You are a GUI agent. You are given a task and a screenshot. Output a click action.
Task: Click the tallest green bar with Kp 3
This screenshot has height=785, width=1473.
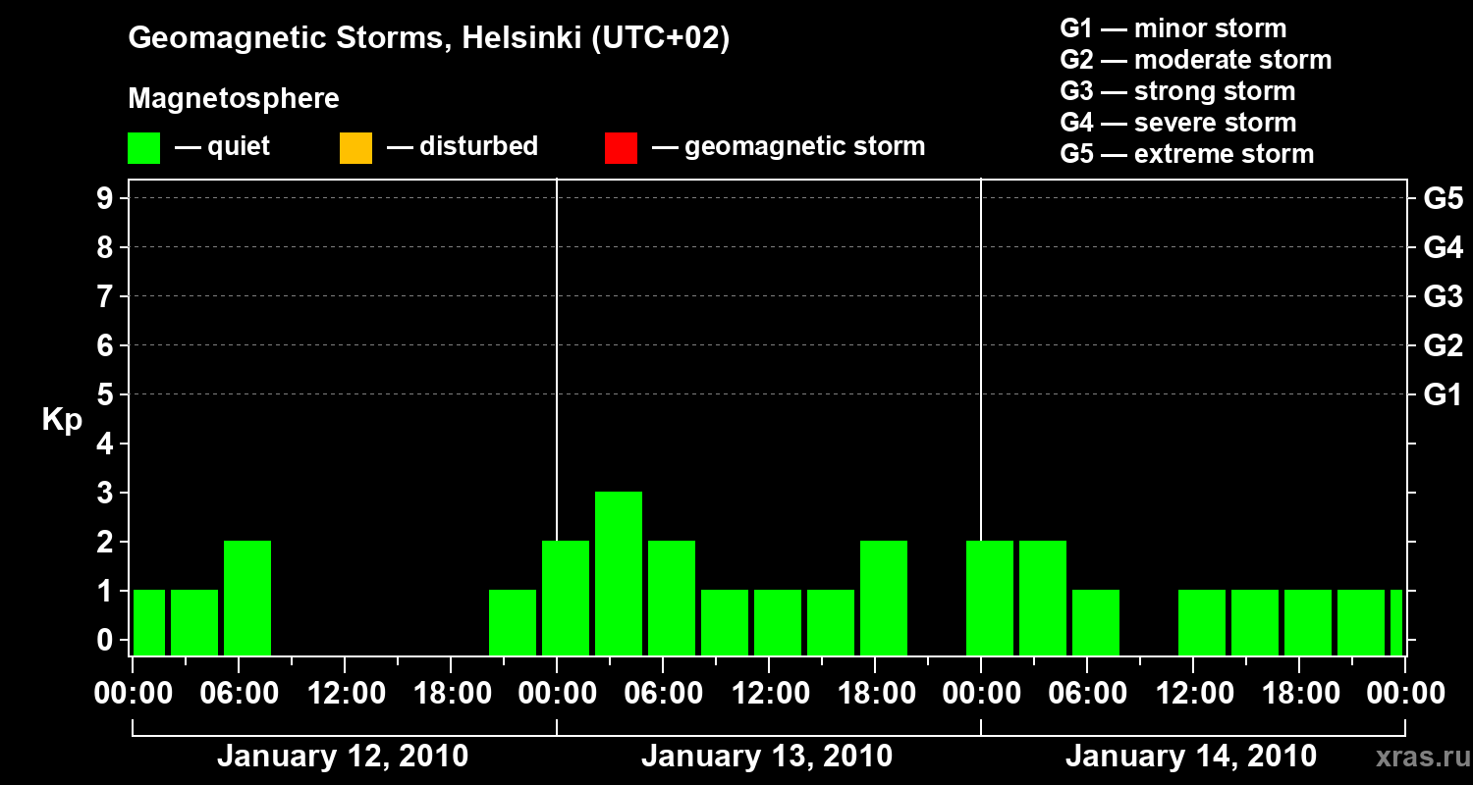(619, 573)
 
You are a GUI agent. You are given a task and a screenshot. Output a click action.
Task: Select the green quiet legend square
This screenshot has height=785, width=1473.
(143, 147)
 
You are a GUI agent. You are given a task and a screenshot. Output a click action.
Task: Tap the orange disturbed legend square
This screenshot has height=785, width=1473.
(355, 147)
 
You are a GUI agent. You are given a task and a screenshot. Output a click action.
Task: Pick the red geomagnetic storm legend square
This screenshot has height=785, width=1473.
(621, 147)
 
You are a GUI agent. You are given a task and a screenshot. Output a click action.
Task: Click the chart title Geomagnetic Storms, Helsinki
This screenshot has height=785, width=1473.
(429, 38)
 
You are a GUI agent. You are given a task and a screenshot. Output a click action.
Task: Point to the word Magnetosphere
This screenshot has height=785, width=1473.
(234, 99)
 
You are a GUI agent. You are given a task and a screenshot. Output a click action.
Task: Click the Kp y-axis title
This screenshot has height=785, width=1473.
(62, 420)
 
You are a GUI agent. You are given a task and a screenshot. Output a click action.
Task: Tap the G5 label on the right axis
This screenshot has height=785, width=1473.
(1443, 198)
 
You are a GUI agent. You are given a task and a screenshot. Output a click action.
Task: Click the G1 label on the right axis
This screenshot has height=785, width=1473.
(1443, 394)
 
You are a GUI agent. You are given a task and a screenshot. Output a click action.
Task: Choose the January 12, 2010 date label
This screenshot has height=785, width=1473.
(343, 757)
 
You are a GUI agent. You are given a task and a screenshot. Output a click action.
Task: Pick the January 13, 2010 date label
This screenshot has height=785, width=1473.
(767, 757)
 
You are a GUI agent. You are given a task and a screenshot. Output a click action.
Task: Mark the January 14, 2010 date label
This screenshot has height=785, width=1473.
(1191, 757)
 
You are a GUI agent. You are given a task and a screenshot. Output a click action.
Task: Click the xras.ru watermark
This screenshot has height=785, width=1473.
(1414, 757)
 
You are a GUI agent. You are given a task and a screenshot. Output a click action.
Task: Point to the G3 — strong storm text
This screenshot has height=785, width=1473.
(1177, 91)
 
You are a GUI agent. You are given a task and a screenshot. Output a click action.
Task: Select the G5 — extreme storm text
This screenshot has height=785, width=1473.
(1186, 154)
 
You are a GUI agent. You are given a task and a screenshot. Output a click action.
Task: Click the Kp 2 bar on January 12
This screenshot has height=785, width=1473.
(247, 598)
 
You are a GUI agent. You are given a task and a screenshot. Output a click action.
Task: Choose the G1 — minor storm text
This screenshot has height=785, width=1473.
(1173, 28)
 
